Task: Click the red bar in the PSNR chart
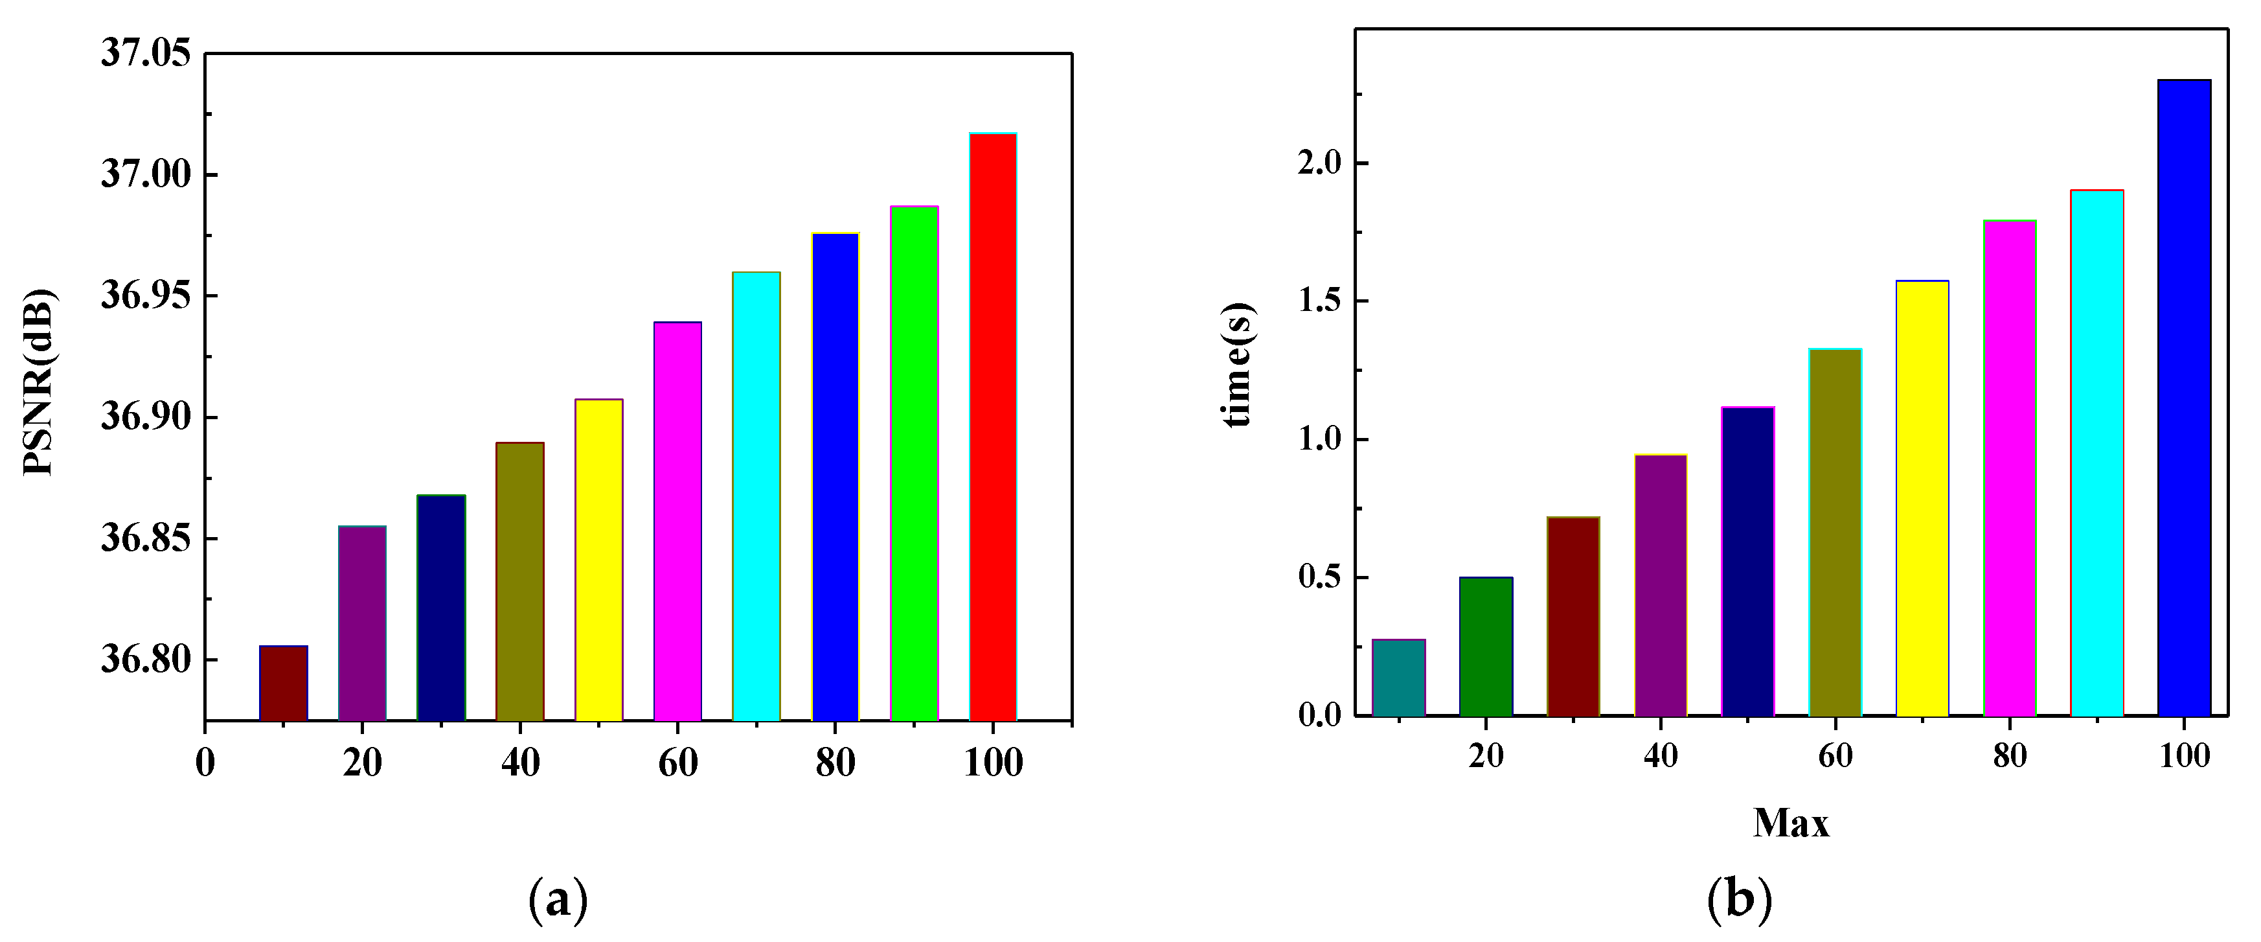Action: [x=993, y=427]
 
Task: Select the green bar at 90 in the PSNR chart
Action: [x=914, y=463]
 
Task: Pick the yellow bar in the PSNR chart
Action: [x=598, y=560]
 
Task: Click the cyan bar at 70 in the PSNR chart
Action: [x=756, y=496]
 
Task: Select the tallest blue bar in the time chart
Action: [x=2184, y=398]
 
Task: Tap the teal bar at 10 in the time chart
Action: [x=1398, y=677]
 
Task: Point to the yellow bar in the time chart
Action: [x=1922, y=498]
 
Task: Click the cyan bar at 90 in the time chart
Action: [x=2097, y=452]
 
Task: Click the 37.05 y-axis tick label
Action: [x=145, y=54]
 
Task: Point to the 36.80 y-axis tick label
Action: [x=145, y=660]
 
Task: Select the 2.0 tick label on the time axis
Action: [x=1319, y=163]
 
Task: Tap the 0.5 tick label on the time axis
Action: [x=1319, y=578]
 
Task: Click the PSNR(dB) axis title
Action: [x=39, y=382]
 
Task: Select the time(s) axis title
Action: [x=1238, y=364]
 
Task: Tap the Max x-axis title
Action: [x=1791, y=823]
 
